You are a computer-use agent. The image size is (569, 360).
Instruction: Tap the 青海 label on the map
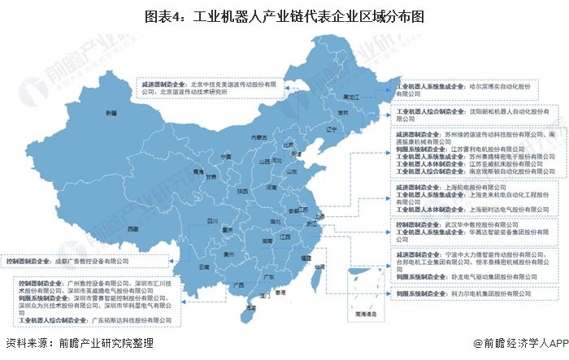[174, 172]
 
